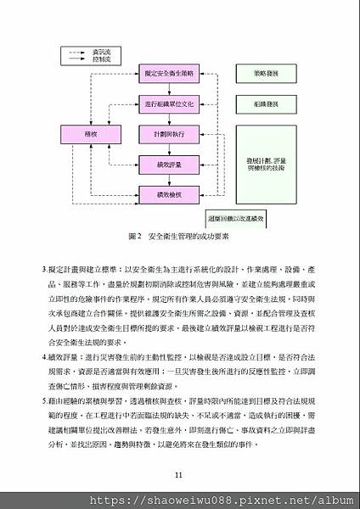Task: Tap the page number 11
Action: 178,474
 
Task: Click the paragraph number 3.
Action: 43,269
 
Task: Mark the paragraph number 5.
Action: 43,399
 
